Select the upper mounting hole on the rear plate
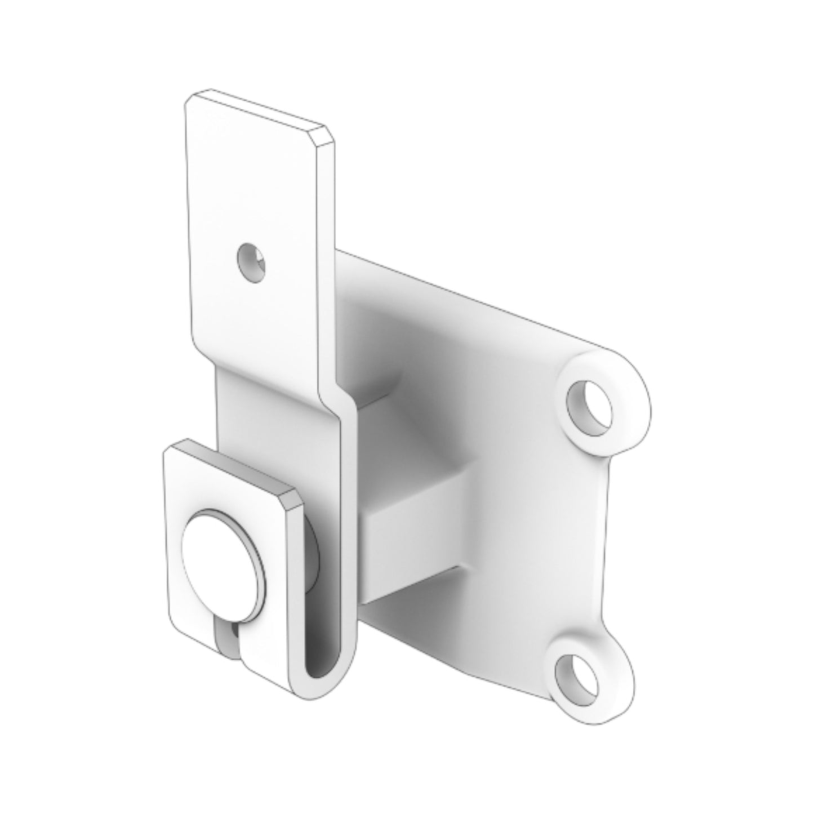click(x=589, y=407)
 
